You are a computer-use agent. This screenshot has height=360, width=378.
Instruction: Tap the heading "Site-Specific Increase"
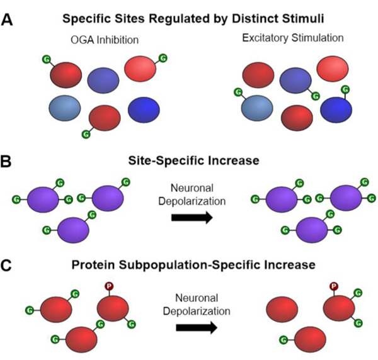pyautogui.click(x=188, y=161)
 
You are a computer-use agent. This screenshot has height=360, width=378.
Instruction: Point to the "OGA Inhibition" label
pyautogui.click(x=104, y=40)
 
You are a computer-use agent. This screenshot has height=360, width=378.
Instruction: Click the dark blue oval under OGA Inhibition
pyautogui.click(x=146, y=111)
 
